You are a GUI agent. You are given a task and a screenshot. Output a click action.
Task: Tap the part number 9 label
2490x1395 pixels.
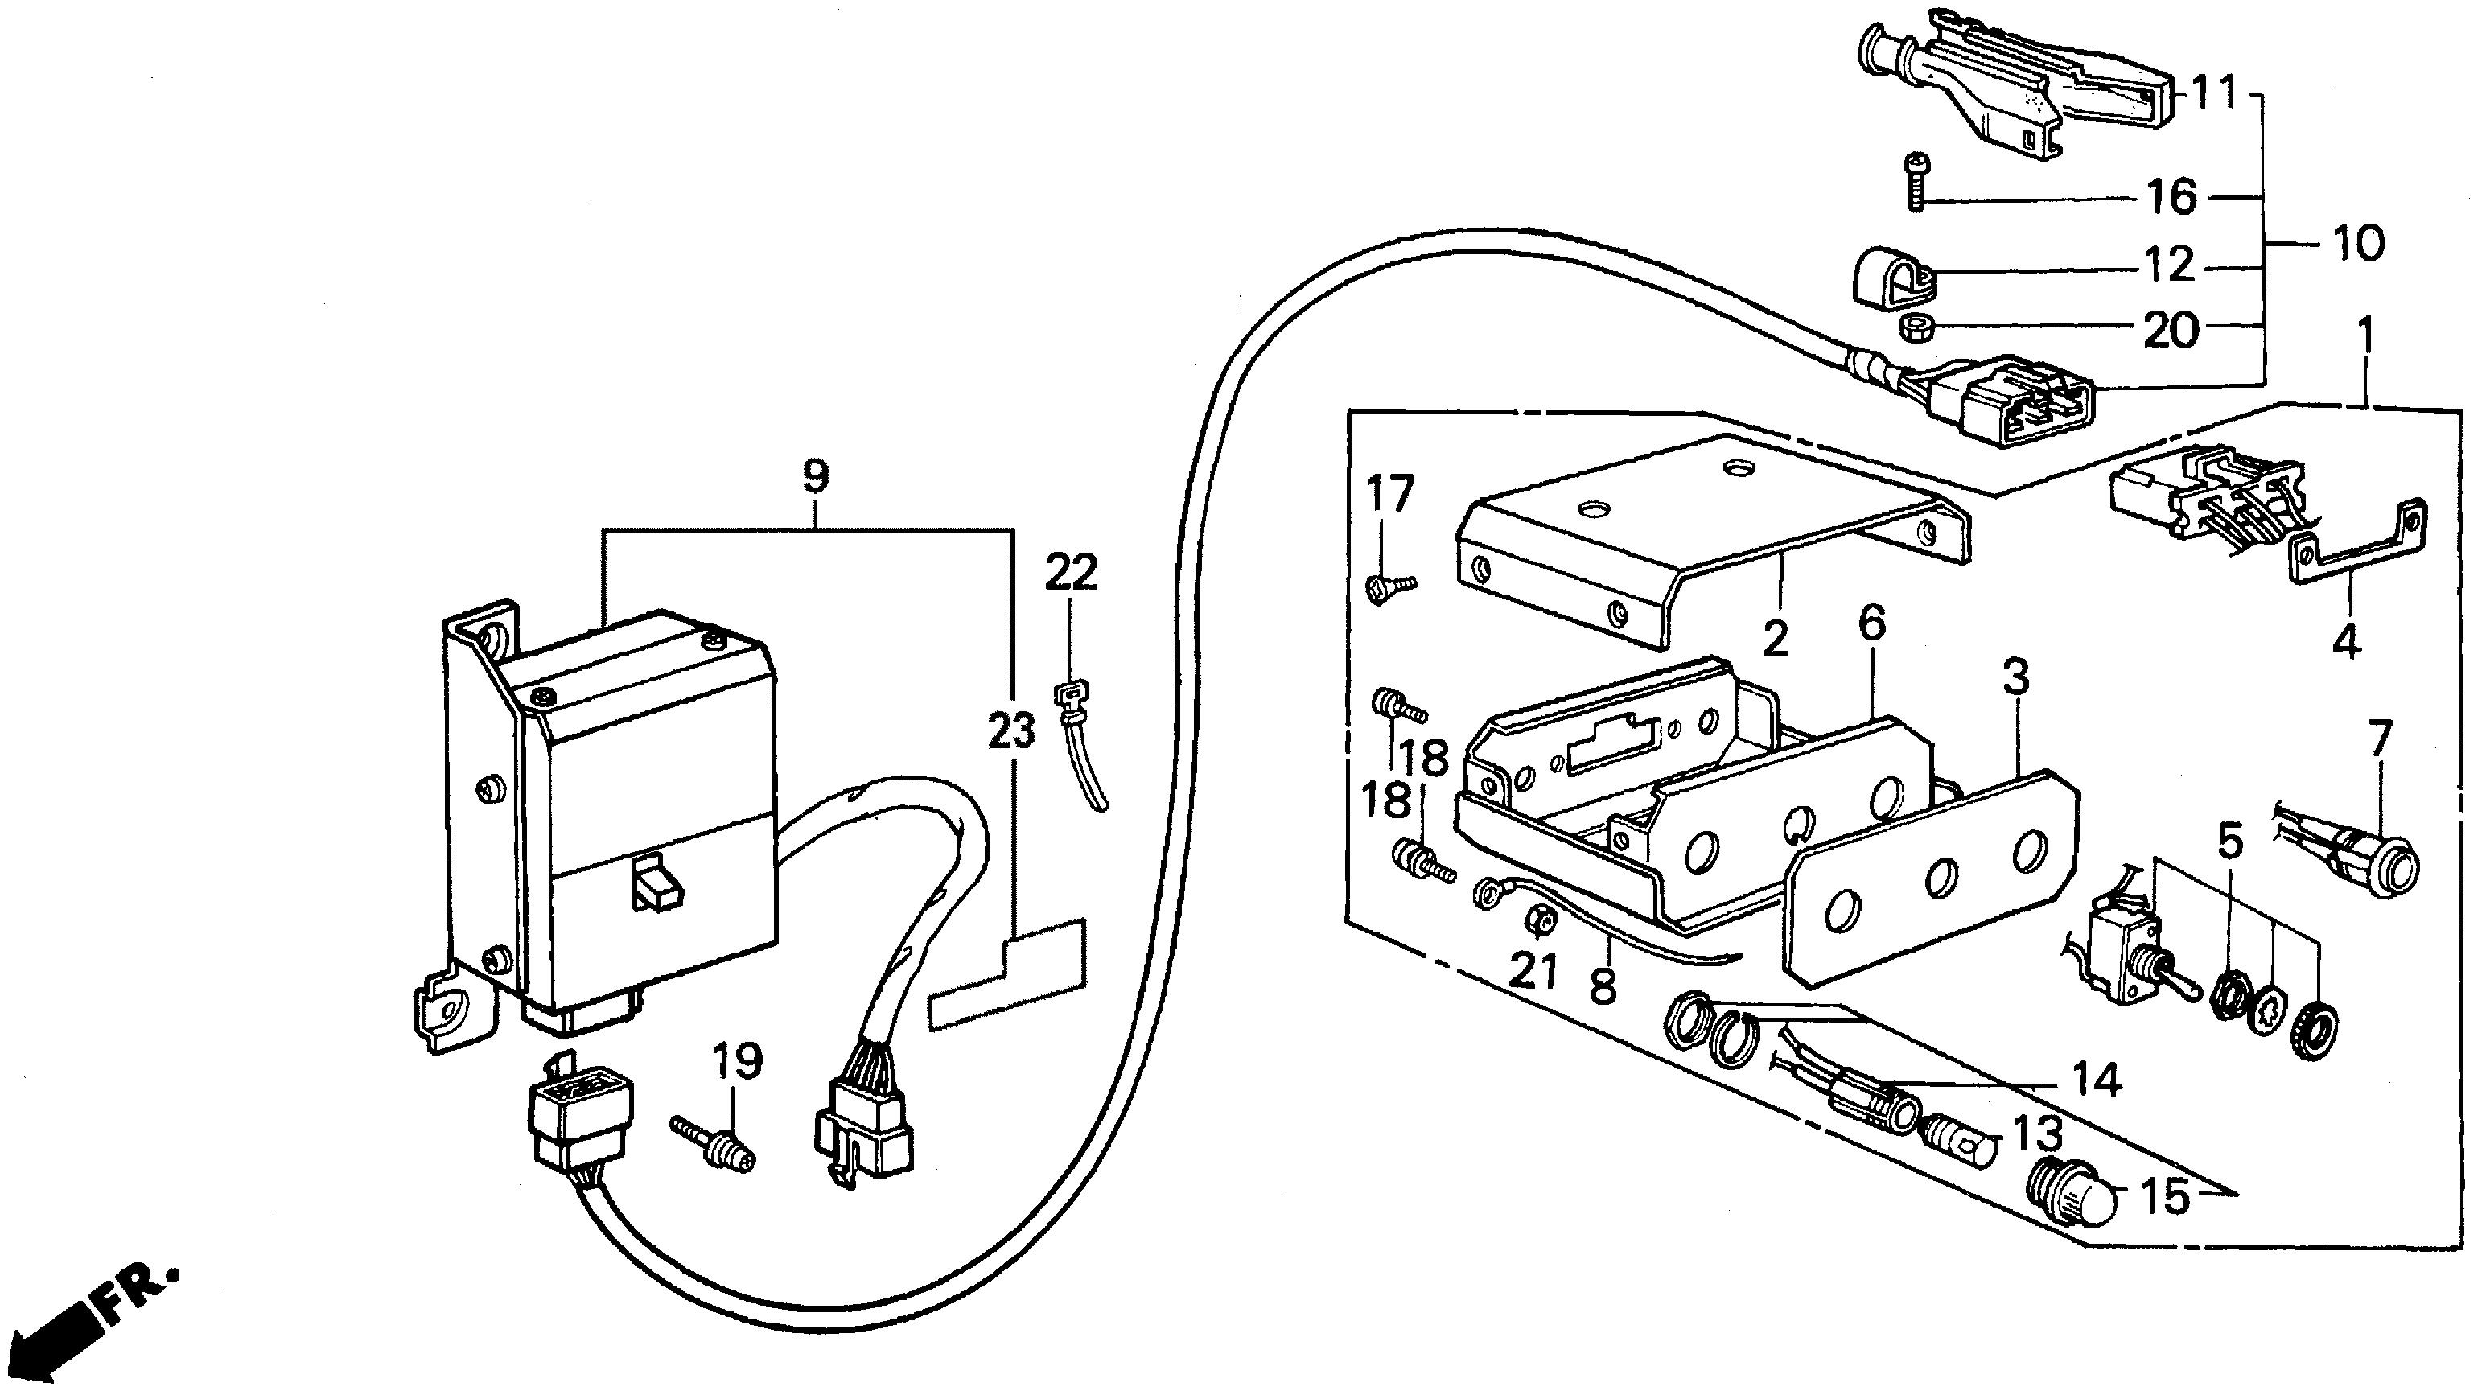click(x=815, y=475)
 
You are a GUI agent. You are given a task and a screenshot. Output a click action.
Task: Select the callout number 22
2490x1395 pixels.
click(x=1070, y=574)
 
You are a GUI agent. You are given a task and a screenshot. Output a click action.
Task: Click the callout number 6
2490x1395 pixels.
click(x=1871, y=623)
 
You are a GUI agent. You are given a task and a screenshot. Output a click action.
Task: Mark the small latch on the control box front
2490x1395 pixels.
click(x=652, y=882)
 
